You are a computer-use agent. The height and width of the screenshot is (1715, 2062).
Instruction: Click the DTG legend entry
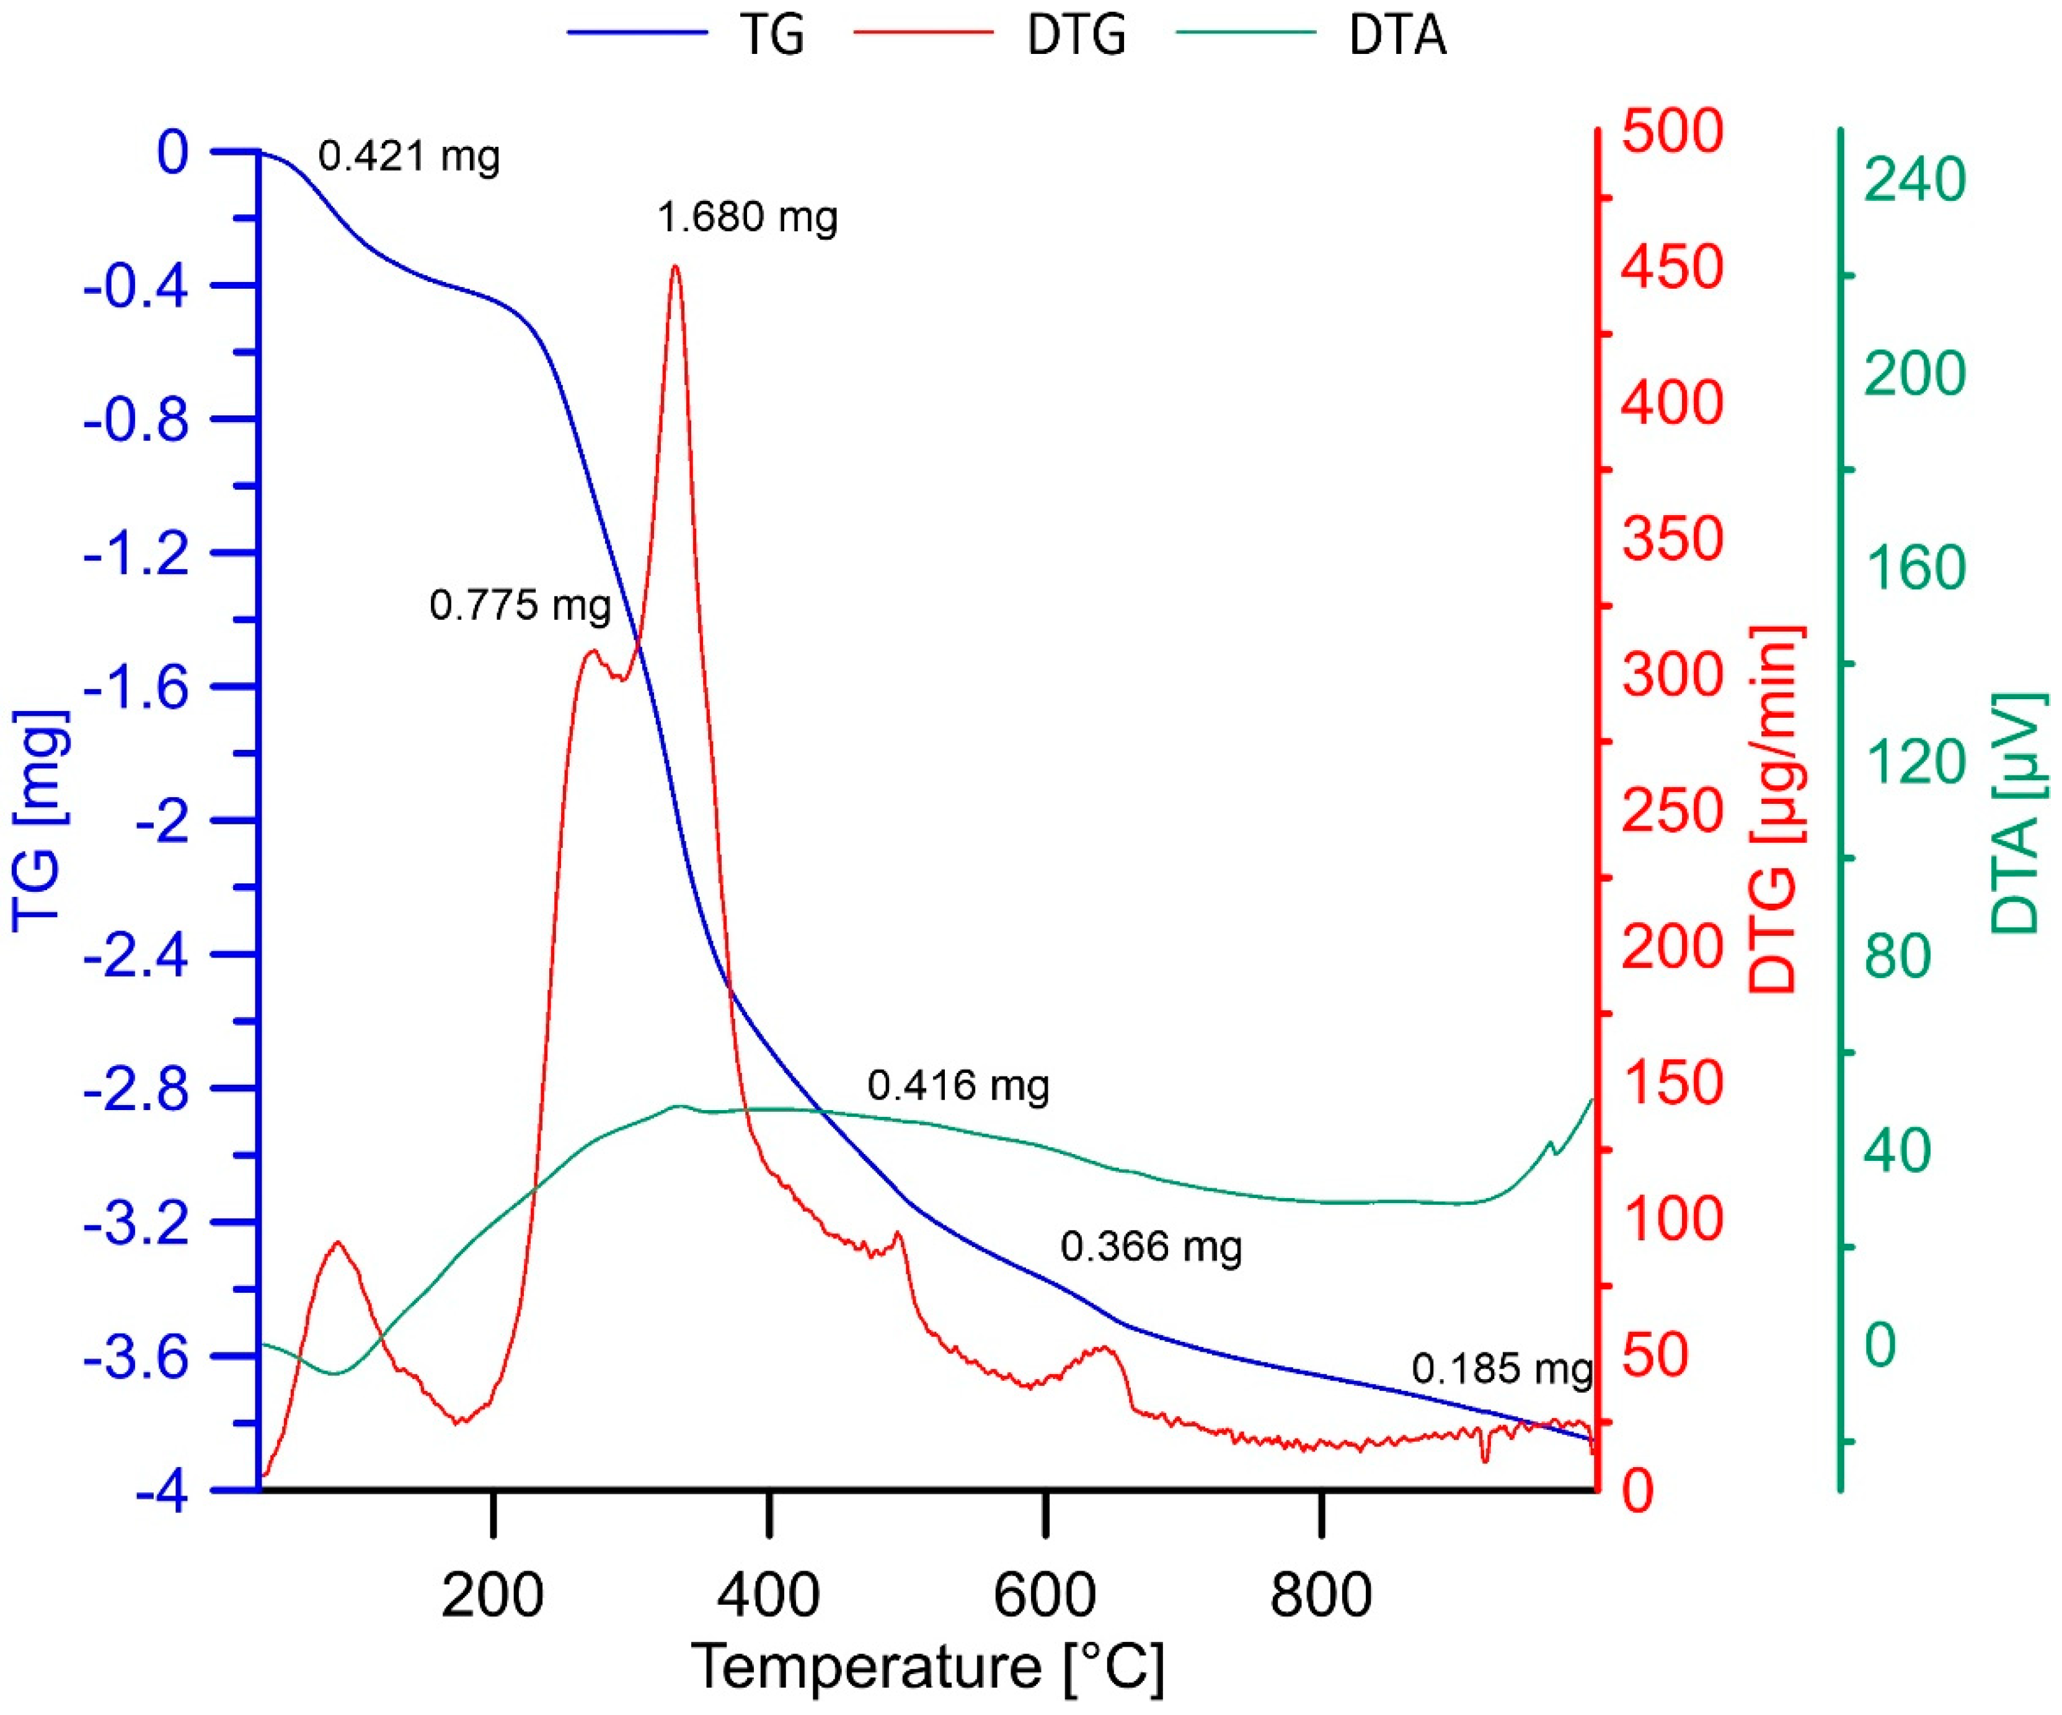point(1075,35)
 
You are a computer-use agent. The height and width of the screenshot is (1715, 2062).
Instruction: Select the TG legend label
point(772,35)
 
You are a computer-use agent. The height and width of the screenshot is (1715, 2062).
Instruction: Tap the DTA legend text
point(1396,35)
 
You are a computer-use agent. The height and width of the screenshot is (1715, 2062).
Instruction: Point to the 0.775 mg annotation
point(520,605)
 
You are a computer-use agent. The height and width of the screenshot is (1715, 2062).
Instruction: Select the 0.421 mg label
point(409,156)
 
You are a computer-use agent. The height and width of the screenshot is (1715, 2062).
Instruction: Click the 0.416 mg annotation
point(957,1086)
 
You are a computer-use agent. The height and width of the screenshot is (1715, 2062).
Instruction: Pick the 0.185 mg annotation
point(1502,1369)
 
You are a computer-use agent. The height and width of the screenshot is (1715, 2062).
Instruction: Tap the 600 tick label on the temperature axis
point(1044,1595)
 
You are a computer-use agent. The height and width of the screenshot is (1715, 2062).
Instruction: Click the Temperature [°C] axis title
point(927,1667)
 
